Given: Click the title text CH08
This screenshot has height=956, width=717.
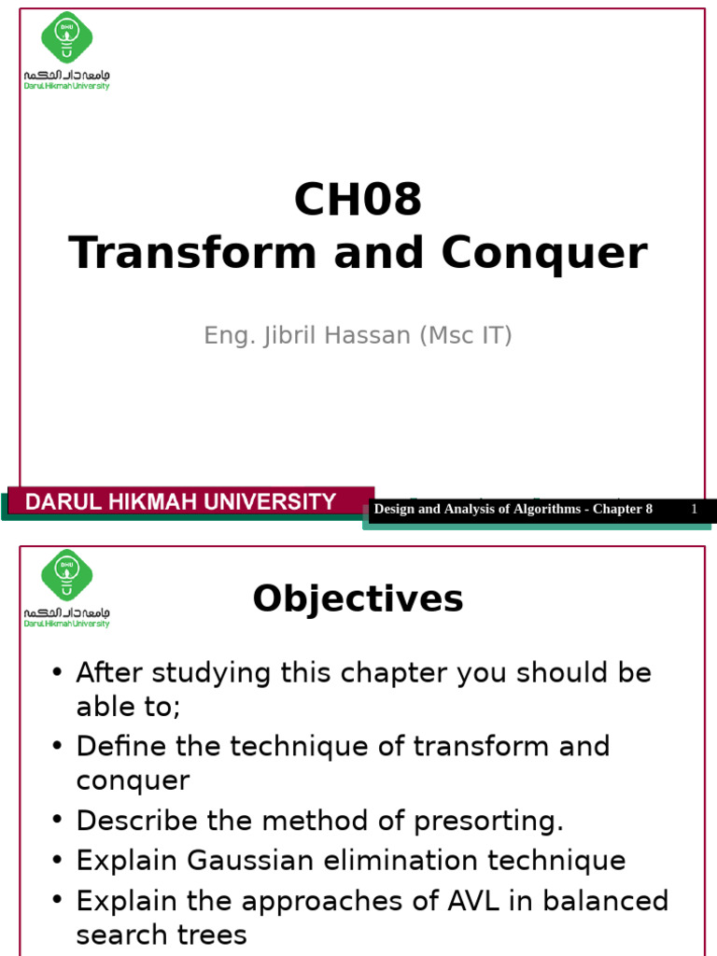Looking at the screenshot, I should point(358,200).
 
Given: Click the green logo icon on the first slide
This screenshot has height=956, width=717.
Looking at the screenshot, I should point(67,38).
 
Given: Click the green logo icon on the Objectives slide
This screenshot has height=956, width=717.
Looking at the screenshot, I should point(67,574).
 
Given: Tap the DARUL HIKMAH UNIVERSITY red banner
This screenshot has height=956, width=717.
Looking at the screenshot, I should point(181,502).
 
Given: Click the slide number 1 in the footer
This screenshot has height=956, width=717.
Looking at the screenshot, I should point(695,509).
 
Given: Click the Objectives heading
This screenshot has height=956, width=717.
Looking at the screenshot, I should point(358,598).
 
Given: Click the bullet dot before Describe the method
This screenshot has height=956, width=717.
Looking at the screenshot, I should point(58,821).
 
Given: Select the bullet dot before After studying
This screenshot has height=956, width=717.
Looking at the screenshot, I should point(58,673).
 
